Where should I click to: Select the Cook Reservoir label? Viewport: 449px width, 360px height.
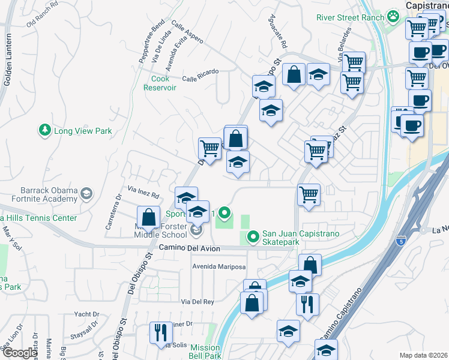coord(160,83)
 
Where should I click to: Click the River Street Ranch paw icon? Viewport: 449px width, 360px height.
coord(393,16)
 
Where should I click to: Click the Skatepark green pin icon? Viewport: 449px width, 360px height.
coord(253,238)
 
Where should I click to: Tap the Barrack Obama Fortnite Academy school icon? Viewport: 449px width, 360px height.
coord(87,193)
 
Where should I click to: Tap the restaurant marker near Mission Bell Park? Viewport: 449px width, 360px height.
coord(160,332)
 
